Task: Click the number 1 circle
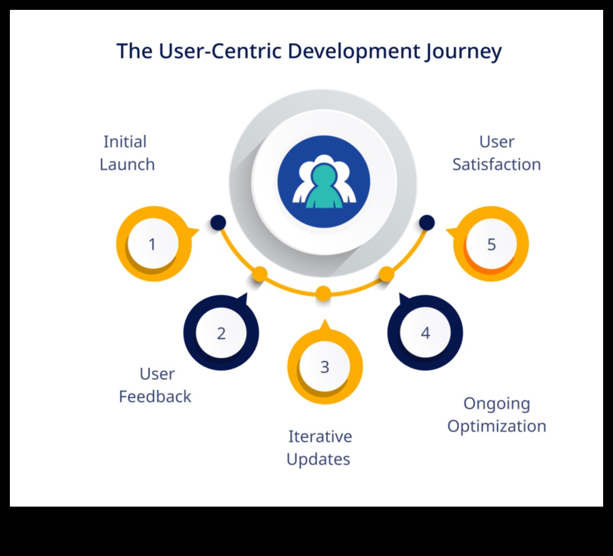(x=152, y=244)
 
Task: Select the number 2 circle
(x=221, y=333)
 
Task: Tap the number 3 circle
(x=325, y=367)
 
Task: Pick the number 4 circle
(x=425, y=333)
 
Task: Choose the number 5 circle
(x=491, y=244)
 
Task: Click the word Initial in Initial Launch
(x=125, y=142)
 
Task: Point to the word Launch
(x=127, y=164)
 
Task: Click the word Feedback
(x=155, y=397)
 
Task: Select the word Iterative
(x=320, y=437)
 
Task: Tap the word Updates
(x=318, y=459)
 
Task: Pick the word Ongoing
(x=496, y=404)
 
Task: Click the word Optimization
(x=497, y=426)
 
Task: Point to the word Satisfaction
(x=496, y=164)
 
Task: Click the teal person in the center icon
(x=323, y=187)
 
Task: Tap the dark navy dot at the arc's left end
(x=218, y=223)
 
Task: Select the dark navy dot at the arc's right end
(x=427, y=223)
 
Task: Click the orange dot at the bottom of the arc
(x=323, y=293)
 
